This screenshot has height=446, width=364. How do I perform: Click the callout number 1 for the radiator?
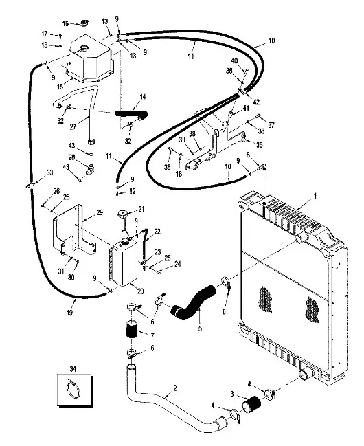(315, 196)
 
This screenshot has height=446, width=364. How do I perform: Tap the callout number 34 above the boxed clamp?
(73, 369)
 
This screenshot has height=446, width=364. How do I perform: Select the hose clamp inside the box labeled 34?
(73, 388)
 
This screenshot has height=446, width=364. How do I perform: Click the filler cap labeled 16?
(84, 23)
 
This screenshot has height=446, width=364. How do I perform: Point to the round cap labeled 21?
(123, 213)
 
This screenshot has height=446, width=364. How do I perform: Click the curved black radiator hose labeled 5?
(194, 301)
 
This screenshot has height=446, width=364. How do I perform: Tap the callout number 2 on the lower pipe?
(175, 388)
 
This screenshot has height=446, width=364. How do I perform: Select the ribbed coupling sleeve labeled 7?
(131, 329)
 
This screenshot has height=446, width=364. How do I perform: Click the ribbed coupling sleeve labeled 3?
(251, 403)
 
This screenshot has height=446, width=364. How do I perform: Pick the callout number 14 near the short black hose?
(143, 97)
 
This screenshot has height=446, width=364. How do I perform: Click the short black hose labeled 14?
(132, 114)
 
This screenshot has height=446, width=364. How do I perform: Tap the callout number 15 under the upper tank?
(60, 87)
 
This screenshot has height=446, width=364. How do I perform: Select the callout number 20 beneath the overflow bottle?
(141, 291)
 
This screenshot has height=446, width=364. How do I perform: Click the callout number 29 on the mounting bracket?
(100, 212)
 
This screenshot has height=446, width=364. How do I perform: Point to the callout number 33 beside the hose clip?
(49, 172)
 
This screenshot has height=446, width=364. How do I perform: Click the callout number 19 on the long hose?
(69, 313)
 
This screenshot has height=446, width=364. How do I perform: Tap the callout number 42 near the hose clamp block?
(256, 102)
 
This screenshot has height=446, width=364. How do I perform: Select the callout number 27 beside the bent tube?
(73, 126)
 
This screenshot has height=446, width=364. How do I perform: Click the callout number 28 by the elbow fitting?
(71, 157)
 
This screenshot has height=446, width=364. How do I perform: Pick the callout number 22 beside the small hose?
(157, 232)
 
